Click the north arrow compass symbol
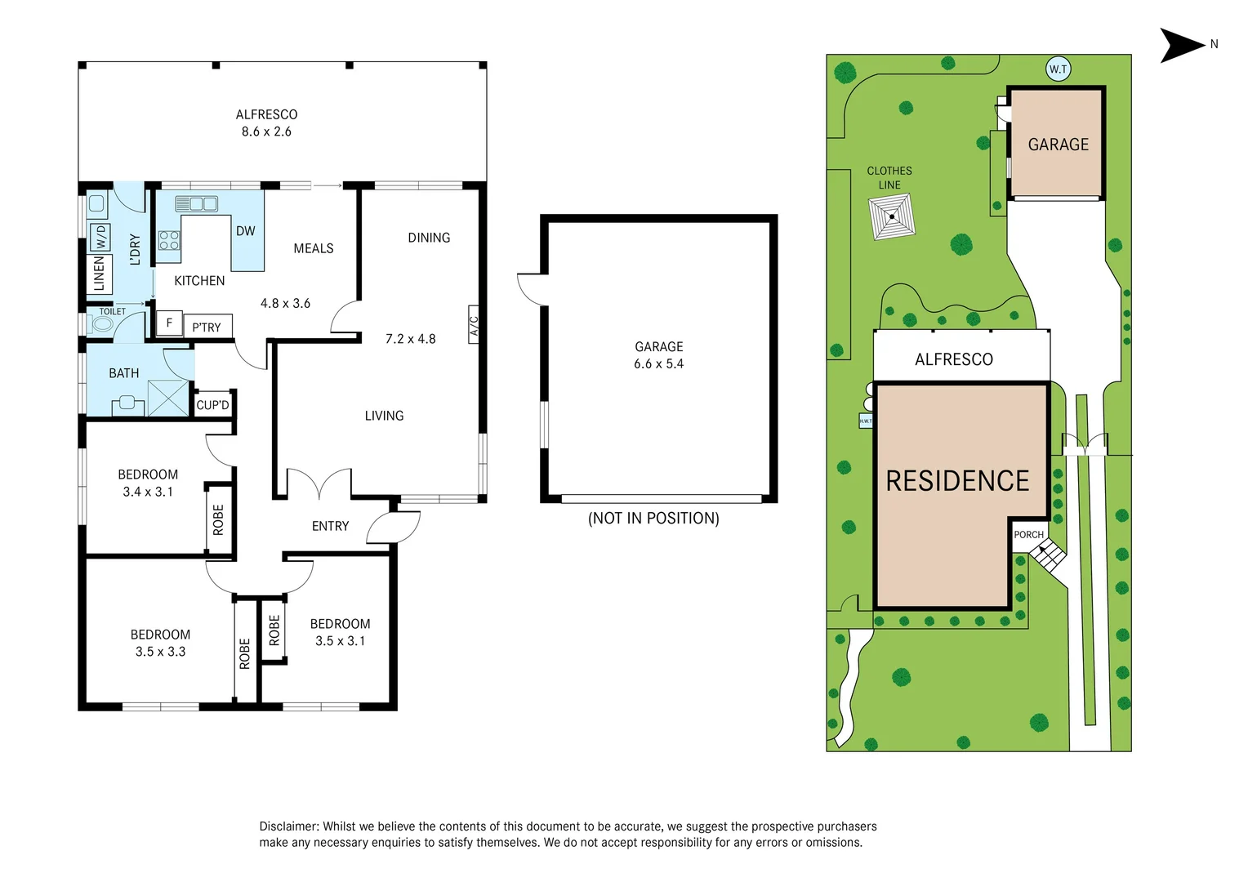tap(1182, 45)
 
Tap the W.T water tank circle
tap(1058, 69)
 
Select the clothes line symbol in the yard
tap(892, 216)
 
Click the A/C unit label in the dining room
tap(474, 326)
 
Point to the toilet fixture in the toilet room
tap(102, 324)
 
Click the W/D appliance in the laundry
tap(100, 238)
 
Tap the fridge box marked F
tap(169, 323)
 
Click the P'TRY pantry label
tap(207, 327)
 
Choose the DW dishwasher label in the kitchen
tap(246, 231)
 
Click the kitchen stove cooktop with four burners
tap(169, 240)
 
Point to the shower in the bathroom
tap(168, 398)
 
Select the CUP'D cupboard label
tap(213, 405)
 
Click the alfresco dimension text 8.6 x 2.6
tap(266, 131)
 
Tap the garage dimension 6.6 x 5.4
tap(658, 364)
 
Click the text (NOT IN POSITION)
tap(653, 519)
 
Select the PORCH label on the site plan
tap(1028, 535)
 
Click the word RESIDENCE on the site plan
tap(957, 481)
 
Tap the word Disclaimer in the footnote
tap(289, 826)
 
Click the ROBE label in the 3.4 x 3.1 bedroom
tap(218, 519)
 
